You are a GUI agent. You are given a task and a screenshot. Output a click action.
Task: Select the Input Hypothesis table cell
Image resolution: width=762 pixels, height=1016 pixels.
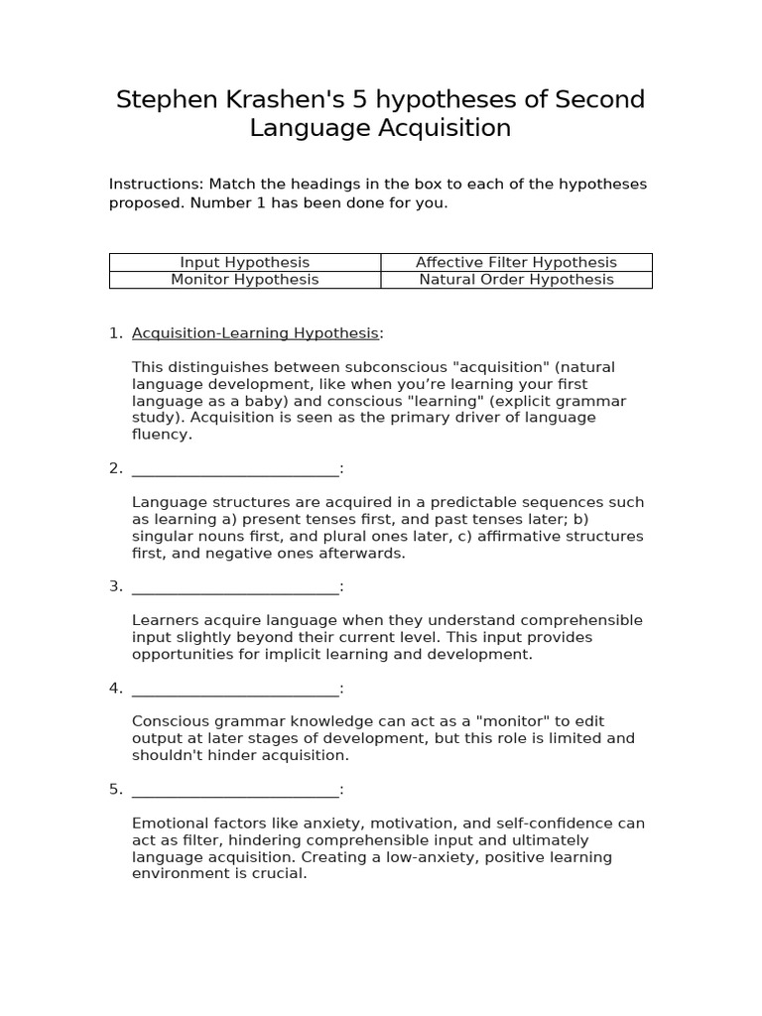(x=244, y=262)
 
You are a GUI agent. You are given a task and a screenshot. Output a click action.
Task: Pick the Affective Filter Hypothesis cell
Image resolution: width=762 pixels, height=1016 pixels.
(x=516, y=262)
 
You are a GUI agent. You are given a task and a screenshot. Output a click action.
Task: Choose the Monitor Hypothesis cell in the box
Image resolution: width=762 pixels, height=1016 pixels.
(x=244, y=279)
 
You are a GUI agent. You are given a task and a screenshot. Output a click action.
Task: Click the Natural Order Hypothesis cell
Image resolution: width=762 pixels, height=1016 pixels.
(x=516, y=279)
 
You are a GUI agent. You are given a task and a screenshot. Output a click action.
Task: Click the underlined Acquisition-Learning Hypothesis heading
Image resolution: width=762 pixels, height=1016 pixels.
(x=255, y=332)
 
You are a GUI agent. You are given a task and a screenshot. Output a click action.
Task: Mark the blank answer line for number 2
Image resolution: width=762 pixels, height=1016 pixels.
(x=235, y=468)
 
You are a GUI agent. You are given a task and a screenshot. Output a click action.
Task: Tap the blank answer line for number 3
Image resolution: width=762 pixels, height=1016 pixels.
(x=235, y=586)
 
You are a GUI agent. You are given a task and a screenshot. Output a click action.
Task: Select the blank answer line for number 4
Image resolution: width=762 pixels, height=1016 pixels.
(x=235, y=688)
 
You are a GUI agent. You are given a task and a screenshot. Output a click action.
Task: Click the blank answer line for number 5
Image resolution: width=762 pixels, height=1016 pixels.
(x=235, y=789)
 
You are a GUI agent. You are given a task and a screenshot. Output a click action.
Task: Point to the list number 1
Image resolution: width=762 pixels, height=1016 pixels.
(x=114, y=332)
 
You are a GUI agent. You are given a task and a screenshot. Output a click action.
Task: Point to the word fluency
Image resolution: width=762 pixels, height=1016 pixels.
(x=161, y=435)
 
